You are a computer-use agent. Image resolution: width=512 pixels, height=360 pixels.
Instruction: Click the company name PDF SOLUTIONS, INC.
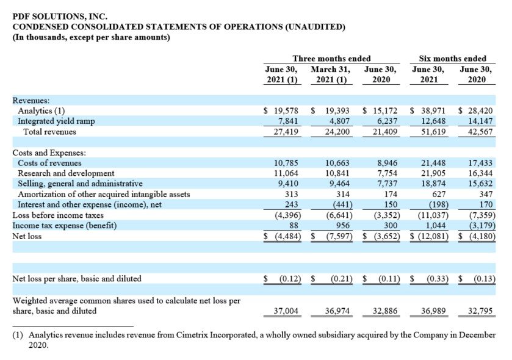pyautogui.click(x=60, y=16)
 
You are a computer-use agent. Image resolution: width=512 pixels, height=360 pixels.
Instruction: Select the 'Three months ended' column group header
pyautogui.click(x=331, y=59)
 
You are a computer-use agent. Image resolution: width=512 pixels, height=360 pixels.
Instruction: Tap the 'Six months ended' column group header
pyautogui.click(x=453, y=59)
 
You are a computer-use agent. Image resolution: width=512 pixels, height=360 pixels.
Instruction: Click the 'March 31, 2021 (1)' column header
pyautogui.click(x=331, y=74)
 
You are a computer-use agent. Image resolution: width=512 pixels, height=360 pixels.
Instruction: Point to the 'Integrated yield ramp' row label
pyautogui.click(x=56, y=121)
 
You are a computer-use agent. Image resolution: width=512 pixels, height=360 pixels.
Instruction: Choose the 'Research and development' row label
pyautogui.click(x=66, y=173)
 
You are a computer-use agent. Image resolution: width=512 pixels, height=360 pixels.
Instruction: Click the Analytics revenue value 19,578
pyautogui.click(x=286, y=111)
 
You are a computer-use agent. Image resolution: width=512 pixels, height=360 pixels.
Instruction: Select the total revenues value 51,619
pyautogui.click(x=433, y=132)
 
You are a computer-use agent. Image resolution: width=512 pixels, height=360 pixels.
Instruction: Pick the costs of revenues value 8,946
pyautogui.click(x=388, y=163)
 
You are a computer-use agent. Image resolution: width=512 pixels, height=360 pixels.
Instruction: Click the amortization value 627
pyautogui.click(x=439, y=194)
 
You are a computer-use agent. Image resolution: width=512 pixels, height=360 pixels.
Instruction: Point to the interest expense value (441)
pyautogui.click(x=342, y=204)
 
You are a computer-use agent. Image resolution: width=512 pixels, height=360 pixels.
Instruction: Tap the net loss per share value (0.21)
pyautogui.click(x=342, y=279)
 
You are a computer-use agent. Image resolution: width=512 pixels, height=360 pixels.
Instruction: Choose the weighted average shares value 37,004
pyautogui.click(x=286, y=311)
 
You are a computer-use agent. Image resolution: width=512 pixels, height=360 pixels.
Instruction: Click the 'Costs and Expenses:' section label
pyautogui.click(x=49, y=153)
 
